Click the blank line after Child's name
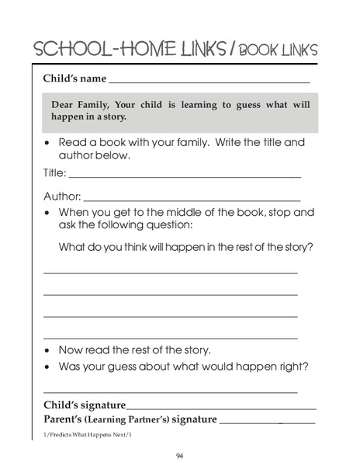coord(209,81)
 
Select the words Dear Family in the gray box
coord(80,105)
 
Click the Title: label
coord(54,173)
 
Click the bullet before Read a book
coord(48,143)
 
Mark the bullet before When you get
coord(48,212)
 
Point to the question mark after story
coord(311,247)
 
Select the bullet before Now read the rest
coord(48,349)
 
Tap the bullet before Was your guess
coord(48,367)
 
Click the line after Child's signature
coord(221,408)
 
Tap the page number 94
coord(179,455)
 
